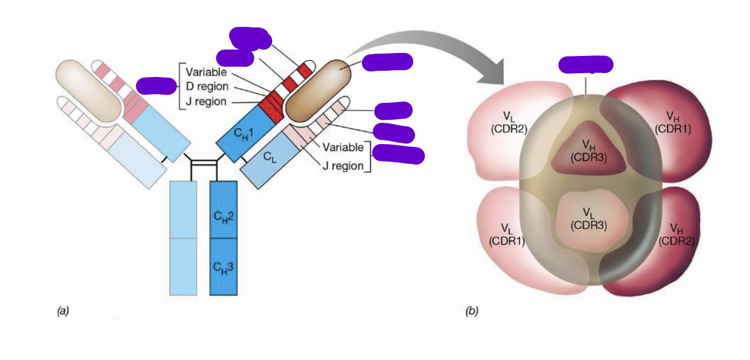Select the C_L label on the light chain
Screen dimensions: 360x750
click(x=270, y=155)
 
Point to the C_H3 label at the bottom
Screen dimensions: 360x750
click(x=224, y=266)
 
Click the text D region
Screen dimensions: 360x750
click(x=207, y=87)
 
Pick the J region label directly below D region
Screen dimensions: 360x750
click(x=206, y=102)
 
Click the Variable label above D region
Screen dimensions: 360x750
click(x=206, y=73)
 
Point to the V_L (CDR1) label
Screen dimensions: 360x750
click(x=506, y=234)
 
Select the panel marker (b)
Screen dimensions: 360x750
click(x=472, y=311)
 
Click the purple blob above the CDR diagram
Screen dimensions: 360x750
click(x=585, y=65)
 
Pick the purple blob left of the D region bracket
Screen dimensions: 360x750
click(x=156, y=86)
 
